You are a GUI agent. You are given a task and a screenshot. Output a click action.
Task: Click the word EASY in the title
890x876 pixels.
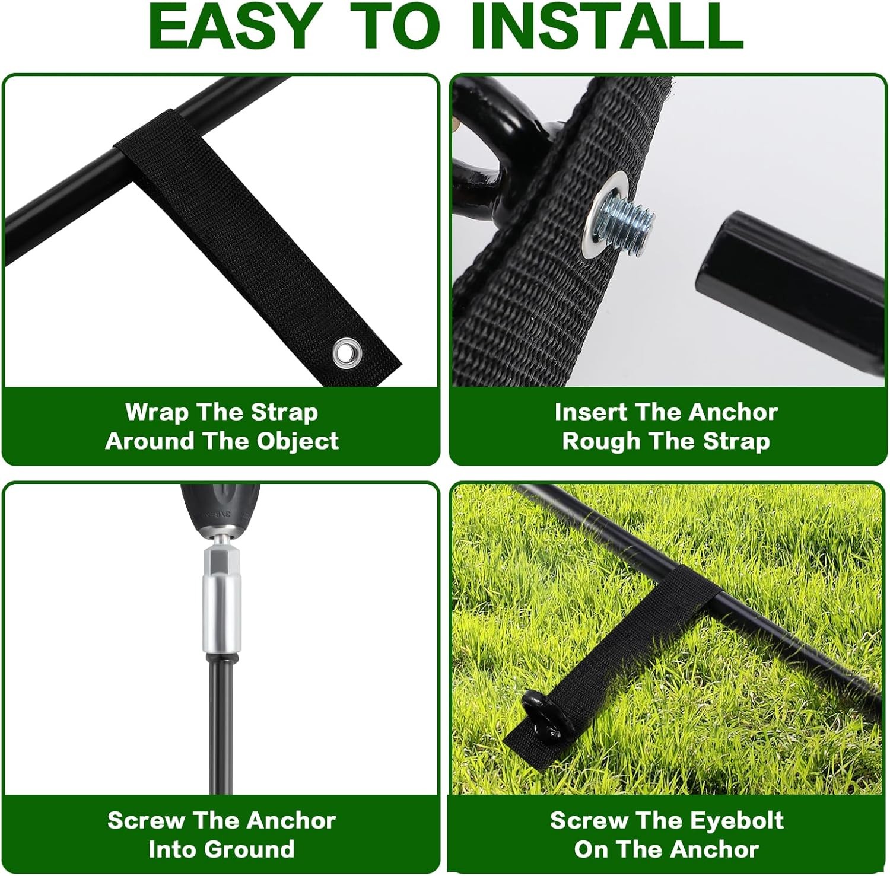[234, 26]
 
